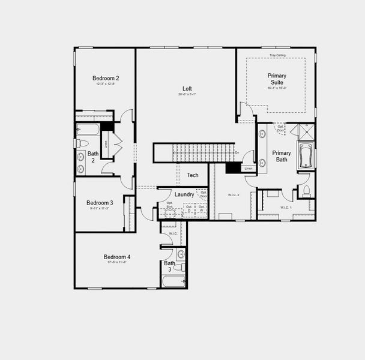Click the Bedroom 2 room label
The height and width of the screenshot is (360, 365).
click(x=106, y=78)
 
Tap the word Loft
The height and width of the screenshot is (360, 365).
click(x=187, y=89)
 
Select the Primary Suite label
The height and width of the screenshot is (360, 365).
click(x=277, y=79)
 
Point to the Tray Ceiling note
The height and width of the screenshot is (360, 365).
click(x=277, y=55)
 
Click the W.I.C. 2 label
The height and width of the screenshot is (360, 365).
click(x=234, y=195)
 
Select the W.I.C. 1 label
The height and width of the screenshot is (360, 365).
click(x=286, y=208)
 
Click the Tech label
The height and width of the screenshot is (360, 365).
click(x=193, y=175)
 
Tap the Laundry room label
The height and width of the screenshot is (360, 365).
click(x=184, y=194)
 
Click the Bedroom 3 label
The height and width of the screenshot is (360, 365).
click(x=100, y=203)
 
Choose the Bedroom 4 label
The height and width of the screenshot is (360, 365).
click(x=116, y=257)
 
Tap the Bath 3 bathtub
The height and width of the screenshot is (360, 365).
click(x=174, y=281)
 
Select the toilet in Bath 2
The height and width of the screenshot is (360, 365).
click(x=82, y=143)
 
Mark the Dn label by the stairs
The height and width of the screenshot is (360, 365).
click(x=237, y=152)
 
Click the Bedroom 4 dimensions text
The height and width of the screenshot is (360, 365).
click(x=116, y=262)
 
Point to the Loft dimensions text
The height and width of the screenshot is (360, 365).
click(x=187, y=94)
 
